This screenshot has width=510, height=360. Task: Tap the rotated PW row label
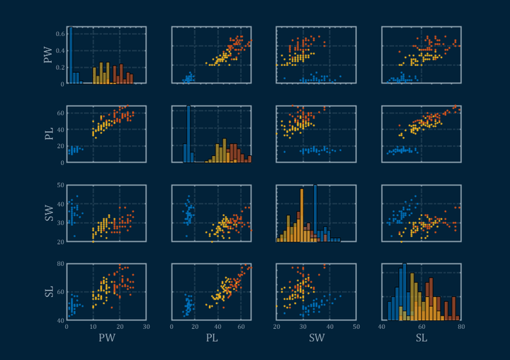click(48, 55)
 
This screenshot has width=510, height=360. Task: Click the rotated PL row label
click(48, 134)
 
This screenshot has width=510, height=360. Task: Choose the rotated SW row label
click(48, 213)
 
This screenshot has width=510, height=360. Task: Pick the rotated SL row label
click(48, 292)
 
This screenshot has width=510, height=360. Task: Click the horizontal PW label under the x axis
click(106, 338)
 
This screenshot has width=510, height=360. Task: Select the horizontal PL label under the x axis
click(211, 338)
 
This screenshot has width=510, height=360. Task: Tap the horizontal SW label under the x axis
click(316, 338)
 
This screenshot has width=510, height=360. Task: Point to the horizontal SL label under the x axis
click(421, 338)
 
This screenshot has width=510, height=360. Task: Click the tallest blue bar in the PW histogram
click(70, 57)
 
